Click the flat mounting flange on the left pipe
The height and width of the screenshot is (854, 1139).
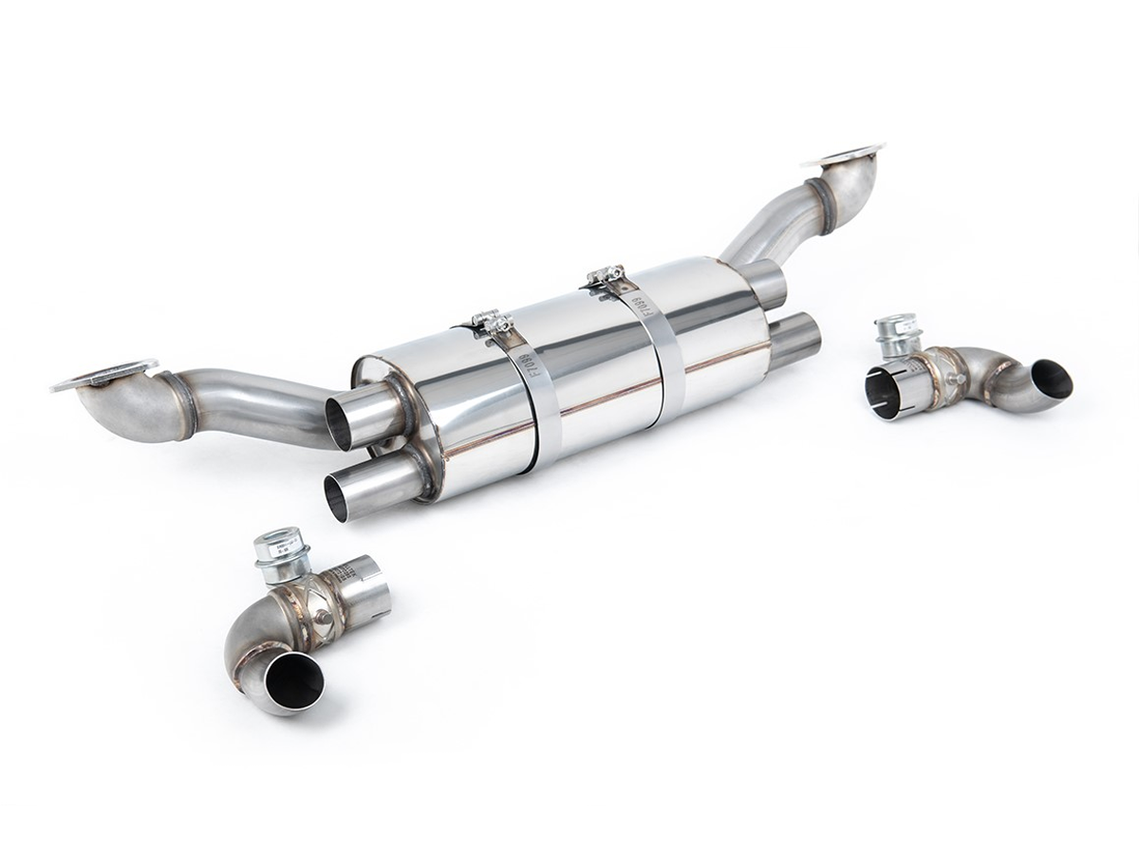click(103, 376)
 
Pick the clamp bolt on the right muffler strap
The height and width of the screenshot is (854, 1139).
click(605, 276)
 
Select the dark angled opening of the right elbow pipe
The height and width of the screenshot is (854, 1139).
click(1051, 379)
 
